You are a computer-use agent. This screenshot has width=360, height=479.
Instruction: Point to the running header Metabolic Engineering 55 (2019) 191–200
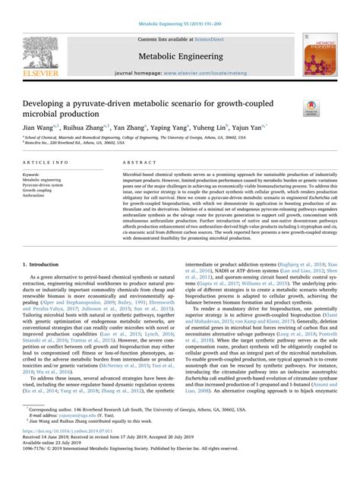(179, 25)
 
